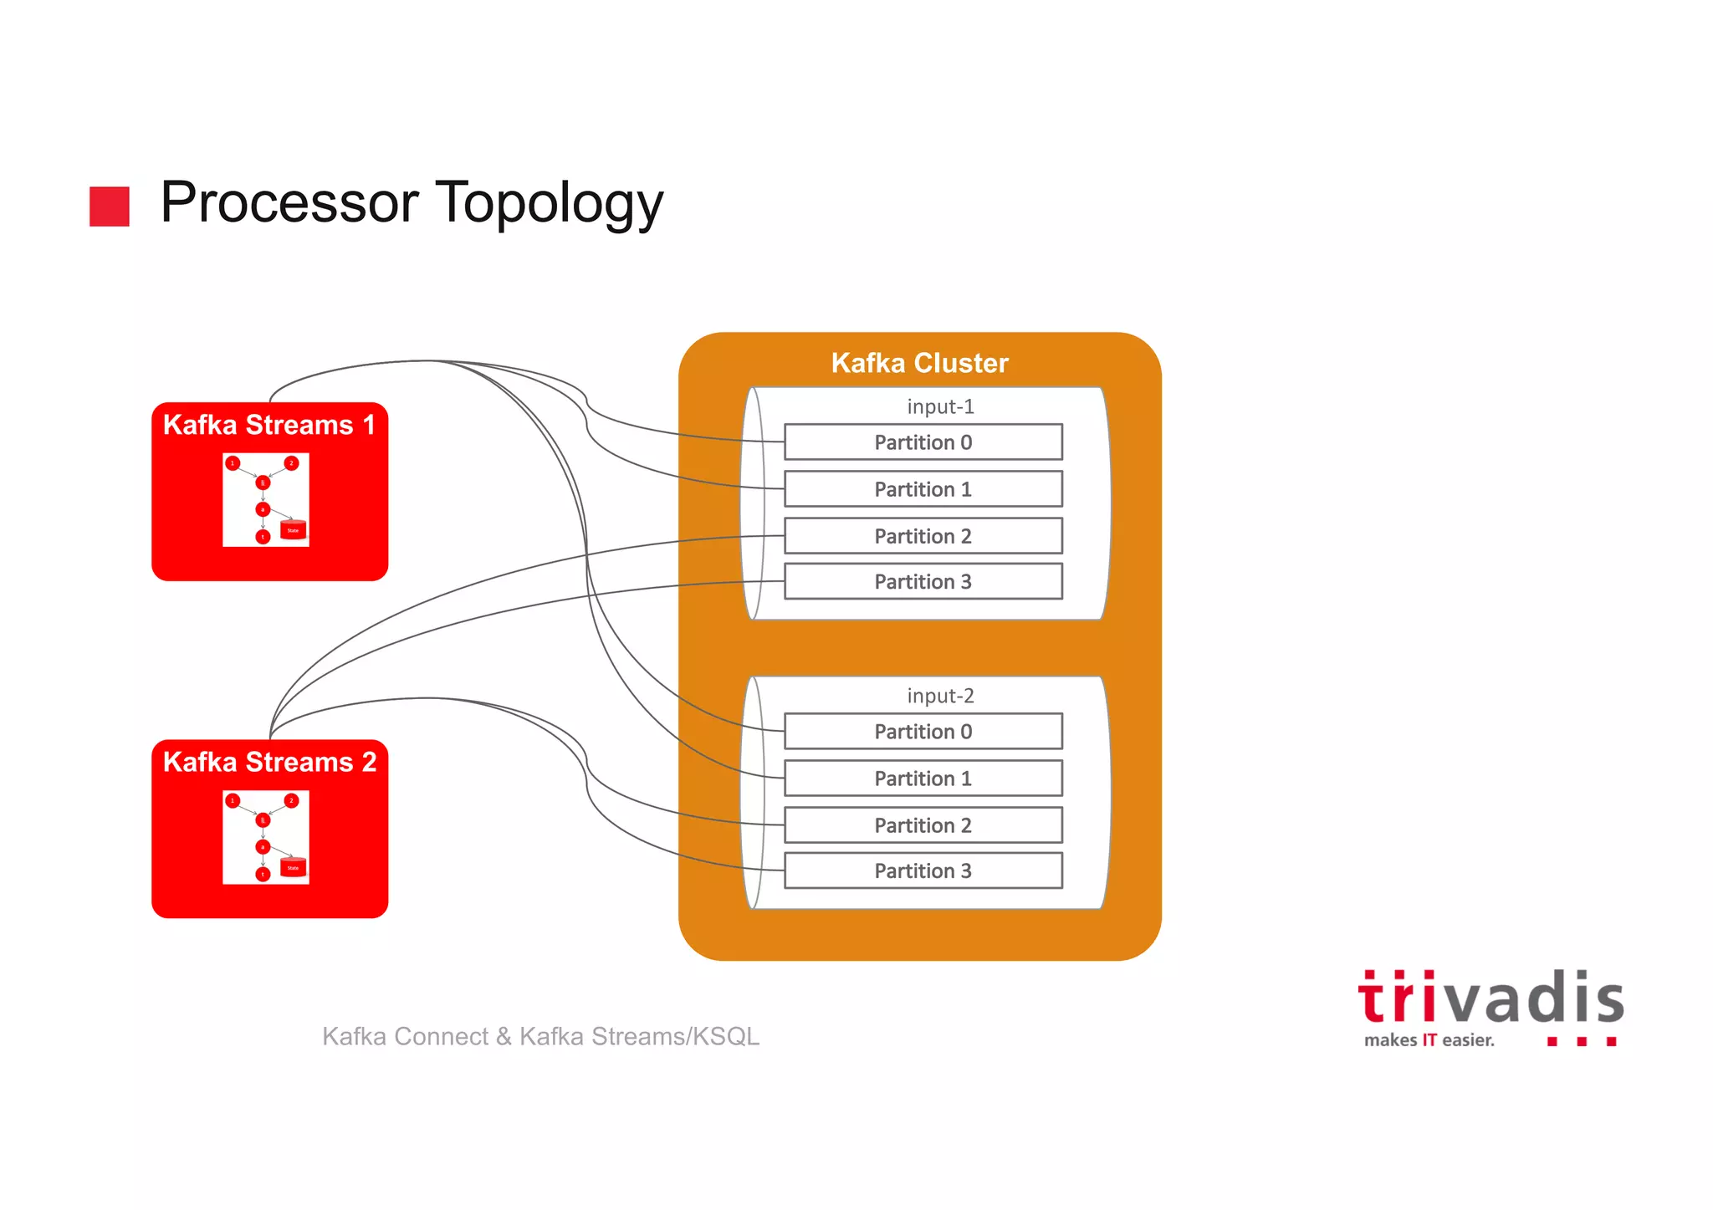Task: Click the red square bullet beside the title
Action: tap(110, 207)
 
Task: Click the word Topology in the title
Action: tap(550, 203)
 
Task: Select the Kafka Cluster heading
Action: tap(919, 363)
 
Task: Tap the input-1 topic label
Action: tap(940, 406)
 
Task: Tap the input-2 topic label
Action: tap(940, 696)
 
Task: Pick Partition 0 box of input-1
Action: tap(923, 442)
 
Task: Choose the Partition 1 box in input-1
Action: tap(923, 489)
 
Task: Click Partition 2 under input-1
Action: tap(923, 536)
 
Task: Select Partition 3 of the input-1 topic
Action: tap(923, 582)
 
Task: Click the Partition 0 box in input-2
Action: tap(923, 732)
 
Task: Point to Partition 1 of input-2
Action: tap(923, 779)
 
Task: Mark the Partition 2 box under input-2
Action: tap(923, 825)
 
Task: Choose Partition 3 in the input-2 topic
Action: tap(923, 871)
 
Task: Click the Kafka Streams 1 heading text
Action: tap(269, 425)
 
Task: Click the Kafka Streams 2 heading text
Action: tap(269, 762)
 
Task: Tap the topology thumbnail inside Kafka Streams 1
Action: tap(266, 500)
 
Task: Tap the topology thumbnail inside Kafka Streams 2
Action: tap(266, 837)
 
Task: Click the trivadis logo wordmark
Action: tap(1491, 998)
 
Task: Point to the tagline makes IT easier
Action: tap(1429, 1040)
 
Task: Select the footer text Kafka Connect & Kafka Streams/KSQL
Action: tap(540, 1036)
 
